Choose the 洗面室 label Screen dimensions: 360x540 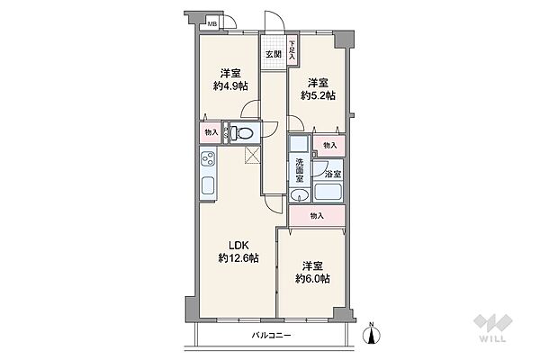pyautogui.click(x=300, y=170)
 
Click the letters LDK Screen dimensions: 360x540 pyautogui.click(x=238, y=245)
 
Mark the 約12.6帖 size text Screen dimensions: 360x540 pyautogui.click(x=238, y=258)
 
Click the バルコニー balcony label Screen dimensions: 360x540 pyautogui.click(x=271, y=336)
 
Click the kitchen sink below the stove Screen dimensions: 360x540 pyautogui.click(x=207, y=189)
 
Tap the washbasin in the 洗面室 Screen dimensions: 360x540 pyautogui.click(x=301, y=197)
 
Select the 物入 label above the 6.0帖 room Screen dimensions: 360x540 pyautogui.click(x=317, y=216)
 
